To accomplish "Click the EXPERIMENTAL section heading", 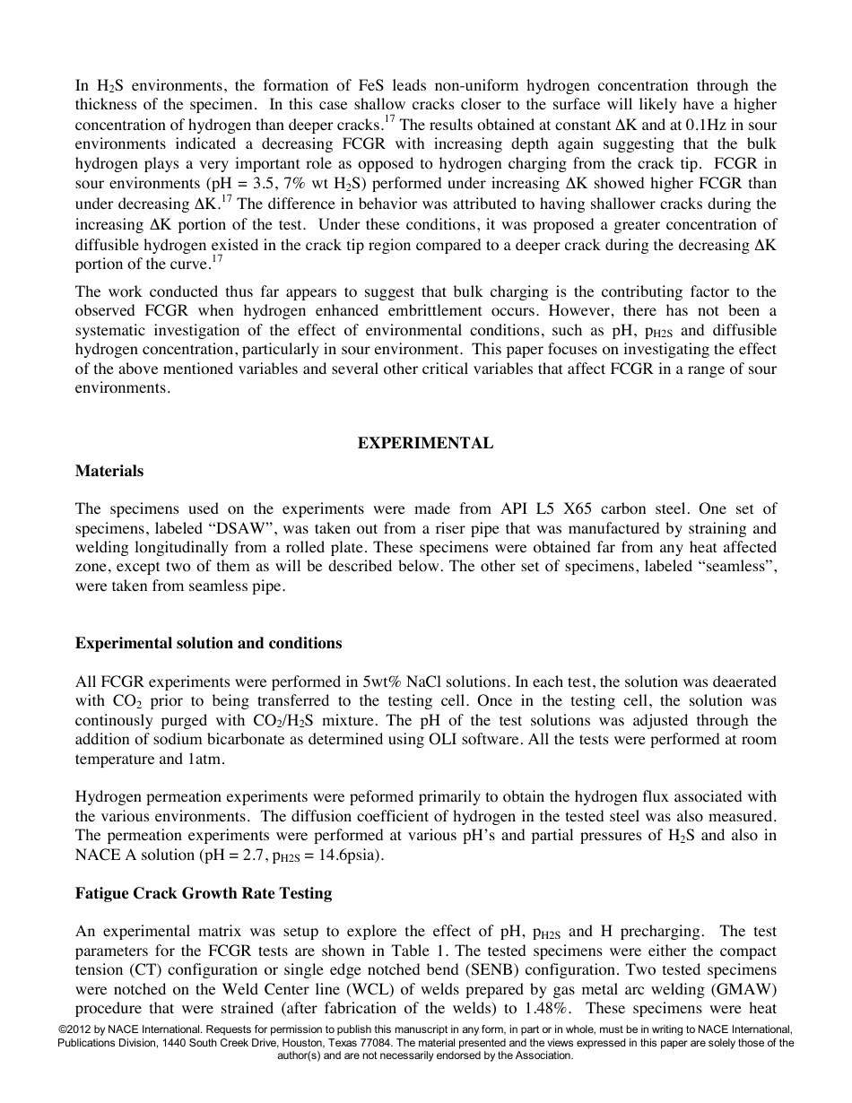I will [425, 443].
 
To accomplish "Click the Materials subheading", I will [109, 471].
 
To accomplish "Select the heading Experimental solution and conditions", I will [208, 643].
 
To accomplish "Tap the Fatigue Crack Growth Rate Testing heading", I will [204, 893].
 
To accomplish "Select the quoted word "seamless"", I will [740, 567].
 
